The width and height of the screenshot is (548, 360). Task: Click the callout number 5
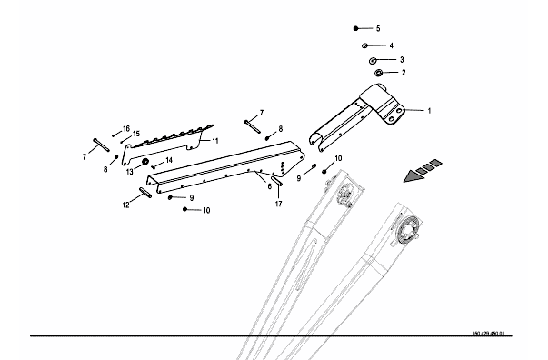point(378,29)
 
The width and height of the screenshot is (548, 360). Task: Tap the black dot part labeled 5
point(355,28)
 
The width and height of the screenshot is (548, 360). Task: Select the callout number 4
point(392,45)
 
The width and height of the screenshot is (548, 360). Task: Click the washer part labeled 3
point(373,61)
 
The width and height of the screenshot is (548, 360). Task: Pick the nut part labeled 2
point(378,73)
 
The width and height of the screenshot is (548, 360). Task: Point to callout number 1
point(429,111)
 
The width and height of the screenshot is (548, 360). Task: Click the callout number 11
point(215,141)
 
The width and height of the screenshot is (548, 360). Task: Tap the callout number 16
point(126,128)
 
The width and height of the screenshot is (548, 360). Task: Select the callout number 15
point(136,134)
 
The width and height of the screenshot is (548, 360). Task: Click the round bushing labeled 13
point(144,162)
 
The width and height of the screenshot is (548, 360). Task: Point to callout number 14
point(169,160)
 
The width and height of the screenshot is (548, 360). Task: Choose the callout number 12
point(125,205)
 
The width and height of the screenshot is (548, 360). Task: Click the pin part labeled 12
point(145,193)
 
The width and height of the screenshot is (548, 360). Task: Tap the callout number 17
point(278,204)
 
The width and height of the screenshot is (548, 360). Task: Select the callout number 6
point(270,186)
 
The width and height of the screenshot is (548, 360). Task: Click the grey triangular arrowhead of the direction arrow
point(413,175)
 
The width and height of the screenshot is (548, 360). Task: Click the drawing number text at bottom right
point(488,334)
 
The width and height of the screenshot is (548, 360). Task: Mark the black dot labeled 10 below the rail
point(184,209)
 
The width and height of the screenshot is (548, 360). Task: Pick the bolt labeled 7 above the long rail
point(253,126)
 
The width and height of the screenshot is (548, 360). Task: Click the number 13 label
point(130,172)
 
